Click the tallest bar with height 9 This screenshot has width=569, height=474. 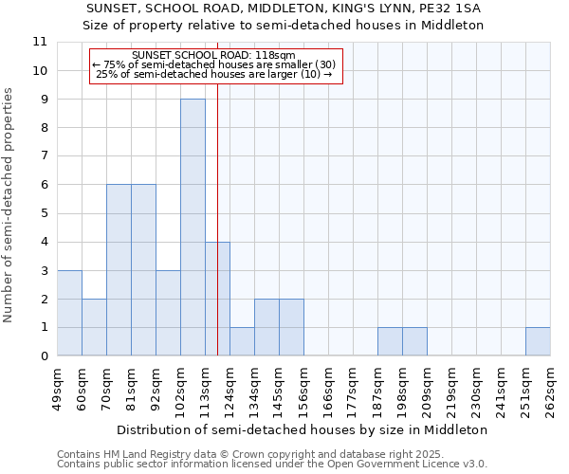point(193,228)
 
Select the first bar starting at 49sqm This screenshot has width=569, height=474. point(69,313)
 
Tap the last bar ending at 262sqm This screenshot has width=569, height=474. point(538,341)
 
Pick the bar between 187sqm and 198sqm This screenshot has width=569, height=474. point(390,341)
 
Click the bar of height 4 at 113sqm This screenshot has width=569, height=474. point(217,299)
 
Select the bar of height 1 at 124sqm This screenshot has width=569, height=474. point(242,341)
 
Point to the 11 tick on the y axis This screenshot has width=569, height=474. point(40,42)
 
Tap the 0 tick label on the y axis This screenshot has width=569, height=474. point(40,356)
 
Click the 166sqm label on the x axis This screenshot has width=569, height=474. point(328,390)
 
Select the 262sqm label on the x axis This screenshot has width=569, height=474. point(550,390)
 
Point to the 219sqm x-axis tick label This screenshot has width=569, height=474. point(451,390)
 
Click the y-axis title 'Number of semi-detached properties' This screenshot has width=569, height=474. point(9,205)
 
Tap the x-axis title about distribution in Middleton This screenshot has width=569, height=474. point(303,429)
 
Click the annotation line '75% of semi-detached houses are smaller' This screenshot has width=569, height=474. point(214,64)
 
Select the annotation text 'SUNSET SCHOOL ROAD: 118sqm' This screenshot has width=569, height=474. point(214,55)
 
